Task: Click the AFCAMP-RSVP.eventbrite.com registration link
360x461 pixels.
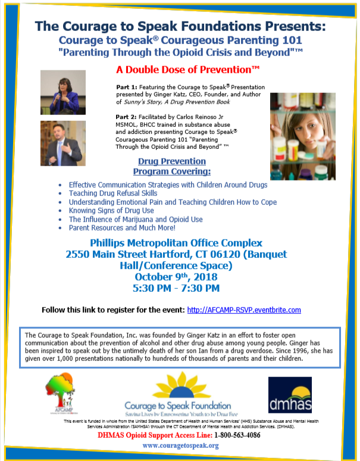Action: pyautogui.click(x=244, y=310)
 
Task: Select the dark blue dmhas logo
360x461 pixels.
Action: pyautogui.click(x=290, y=395)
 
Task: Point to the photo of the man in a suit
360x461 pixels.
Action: pyautogui.click(x=62, y=144)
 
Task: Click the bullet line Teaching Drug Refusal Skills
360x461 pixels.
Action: pyautogui.click(x=113, y=194)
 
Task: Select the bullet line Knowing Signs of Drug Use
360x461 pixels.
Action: pyautogui.click(x=111, y=211)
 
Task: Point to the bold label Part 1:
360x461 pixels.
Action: pyautogui.click(x=126, y=87)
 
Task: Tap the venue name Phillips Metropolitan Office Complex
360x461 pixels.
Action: pyautogui.click(x=176, y=242)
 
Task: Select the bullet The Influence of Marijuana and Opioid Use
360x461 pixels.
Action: pyautogui.click(x=136, y=219)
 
